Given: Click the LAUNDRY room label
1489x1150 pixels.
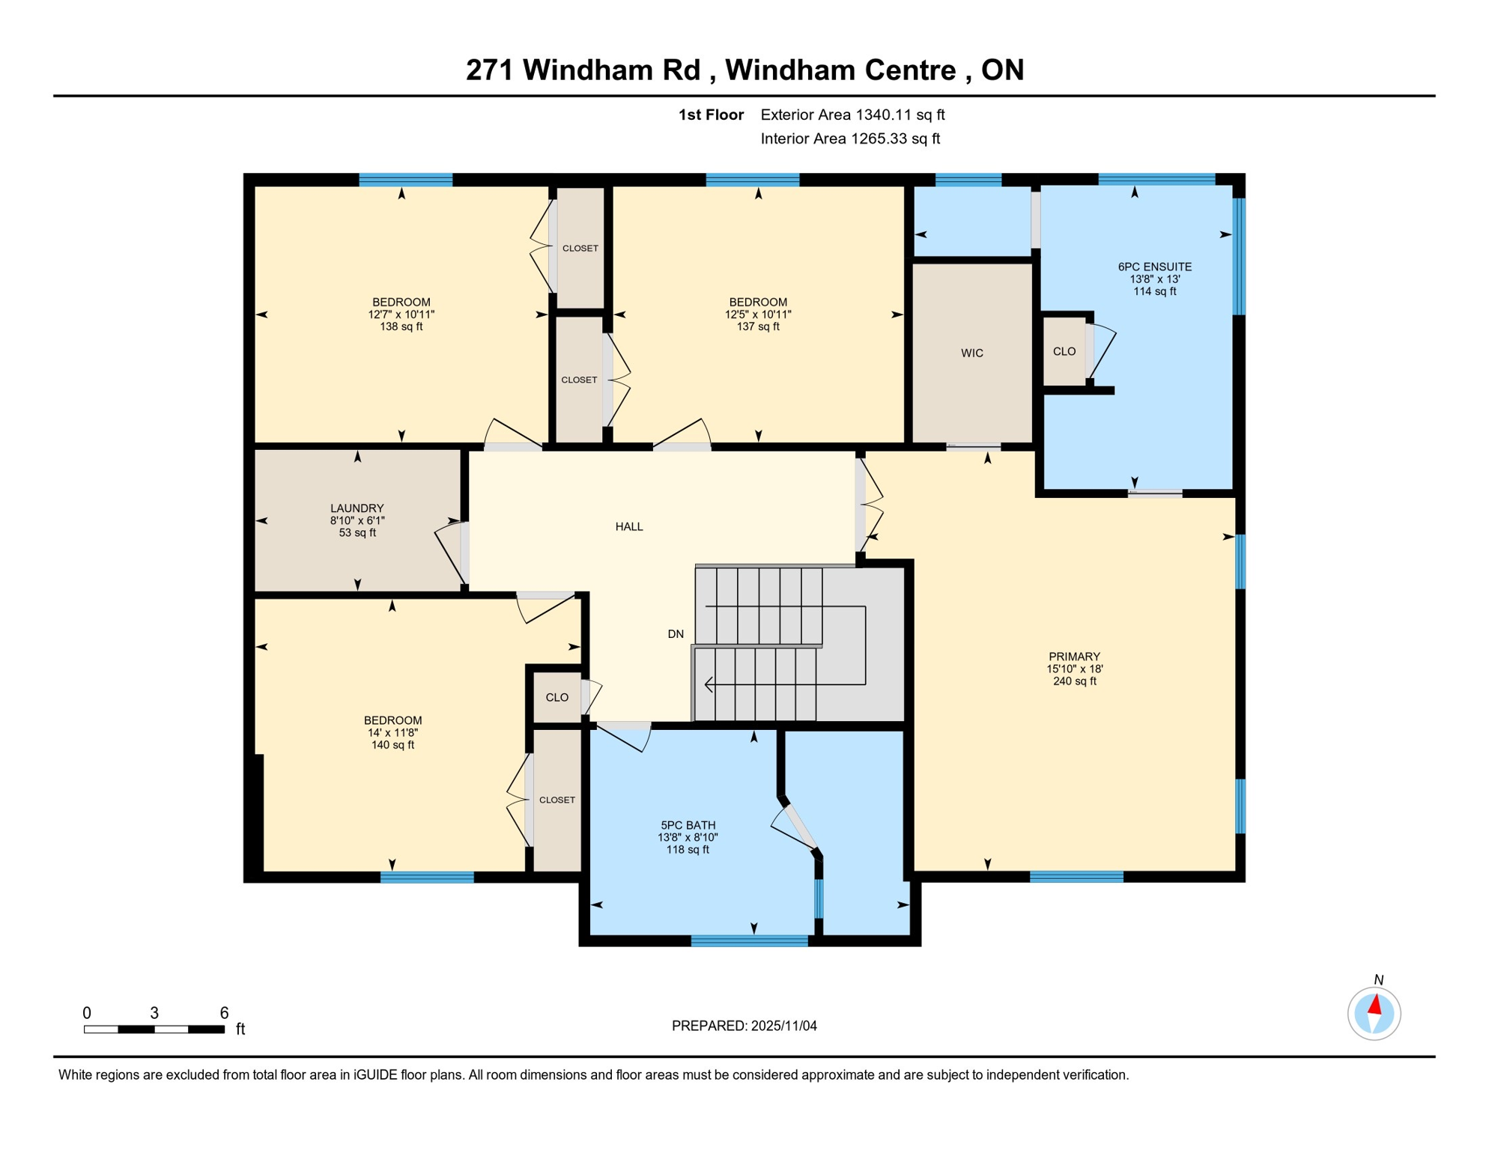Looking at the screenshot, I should [x=357, y=508].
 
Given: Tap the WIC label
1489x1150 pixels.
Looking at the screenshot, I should [x=971, y=353].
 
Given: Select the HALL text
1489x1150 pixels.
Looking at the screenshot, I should [x=628, y=527].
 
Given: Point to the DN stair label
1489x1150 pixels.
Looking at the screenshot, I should [x=675, y=634].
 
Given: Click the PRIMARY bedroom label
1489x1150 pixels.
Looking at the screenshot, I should [x=1073, y=657].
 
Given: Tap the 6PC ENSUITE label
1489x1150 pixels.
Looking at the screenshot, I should [x=1154, y=267].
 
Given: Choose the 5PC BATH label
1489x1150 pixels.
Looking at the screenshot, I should [x=687, y=825].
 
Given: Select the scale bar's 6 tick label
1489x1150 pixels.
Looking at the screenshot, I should [x=224, y=1013].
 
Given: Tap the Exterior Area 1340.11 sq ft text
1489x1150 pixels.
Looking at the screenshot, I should [x=852, y=115].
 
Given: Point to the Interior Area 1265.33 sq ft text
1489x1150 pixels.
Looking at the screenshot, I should [x=849, y=139].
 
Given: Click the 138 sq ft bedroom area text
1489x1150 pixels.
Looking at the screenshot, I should [x=401, y=326].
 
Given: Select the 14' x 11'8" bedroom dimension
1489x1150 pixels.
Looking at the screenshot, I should [x=392, y=733].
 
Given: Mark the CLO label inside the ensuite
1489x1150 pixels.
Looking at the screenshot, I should [x=1064, y=352].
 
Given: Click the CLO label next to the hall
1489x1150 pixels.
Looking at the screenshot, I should [x=557, y=698].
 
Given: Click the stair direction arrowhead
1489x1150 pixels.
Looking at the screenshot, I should [x=709, y=684].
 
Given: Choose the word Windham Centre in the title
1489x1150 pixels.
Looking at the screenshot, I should [x=840, y=70].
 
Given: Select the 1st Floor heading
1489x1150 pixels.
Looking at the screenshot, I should [x=710, y=115].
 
